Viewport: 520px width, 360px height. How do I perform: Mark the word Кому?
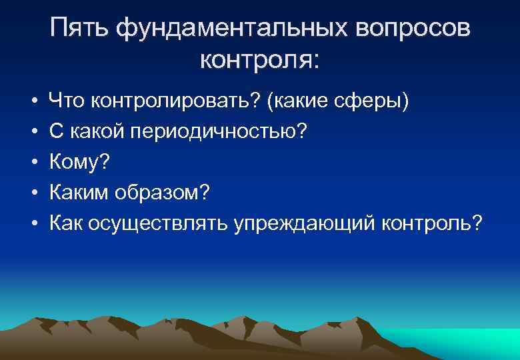(x=79, y=161)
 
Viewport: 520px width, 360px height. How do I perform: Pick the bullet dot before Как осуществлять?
(x=31, y=221)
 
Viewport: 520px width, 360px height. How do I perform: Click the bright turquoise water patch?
(x=460, y=340)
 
